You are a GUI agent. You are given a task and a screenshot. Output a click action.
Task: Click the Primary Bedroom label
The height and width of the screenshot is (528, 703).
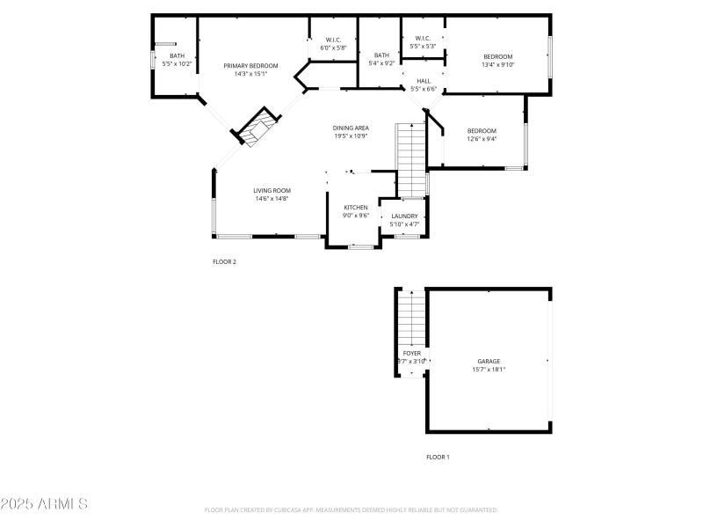(x=250, y=66)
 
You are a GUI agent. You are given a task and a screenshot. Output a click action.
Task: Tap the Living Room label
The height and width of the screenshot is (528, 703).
(x=272, y=190)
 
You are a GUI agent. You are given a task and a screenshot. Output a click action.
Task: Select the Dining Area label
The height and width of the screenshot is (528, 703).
(x=350, y=128)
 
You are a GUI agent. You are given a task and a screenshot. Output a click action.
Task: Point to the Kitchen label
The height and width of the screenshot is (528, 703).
(x=355, y=208)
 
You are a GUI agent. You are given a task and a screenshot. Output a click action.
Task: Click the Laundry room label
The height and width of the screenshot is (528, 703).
(x=404, y=216)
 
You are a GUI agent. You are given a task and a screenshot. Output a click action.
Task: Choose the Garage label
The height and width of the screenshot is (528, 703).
(x=489, y=362)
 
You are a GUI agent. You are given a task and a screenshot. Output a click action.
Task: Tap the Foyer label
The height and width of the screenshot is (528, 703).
(x=411, y=353)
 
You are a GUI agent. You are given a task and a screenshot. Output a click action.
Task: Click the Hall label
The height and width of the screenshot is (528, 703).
(x=424, y=81)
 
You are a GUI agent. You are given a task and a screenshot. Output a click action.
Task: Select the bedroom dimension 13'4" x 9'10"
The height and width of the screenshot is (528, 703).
(x=497, y=64)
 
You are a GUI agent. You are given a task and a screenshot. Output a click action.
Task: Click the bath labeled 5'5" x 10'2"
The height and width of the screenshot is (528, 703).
(x=177, y=63)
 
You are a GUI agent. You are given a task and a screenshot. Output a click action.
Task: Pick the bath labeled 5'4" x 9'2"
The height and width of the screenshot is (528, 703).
(x=381, y=63)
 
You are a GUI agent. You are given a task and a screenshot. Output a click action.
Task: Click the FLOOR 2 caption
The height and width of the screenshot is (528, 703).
(x=224, y=261)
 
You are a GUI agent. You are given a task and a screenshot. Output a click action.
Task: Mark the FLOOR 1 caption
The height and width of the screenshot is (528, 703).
(x=438, y=457)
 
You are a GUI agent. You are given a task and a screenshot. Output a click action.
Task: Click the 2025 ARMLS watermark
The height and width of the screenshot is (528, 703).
(x=44, y=504)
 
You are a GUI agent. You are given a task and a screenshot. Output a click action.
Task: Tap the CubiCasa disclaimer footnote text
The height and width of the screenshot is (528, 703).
(x=351, y=510)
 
